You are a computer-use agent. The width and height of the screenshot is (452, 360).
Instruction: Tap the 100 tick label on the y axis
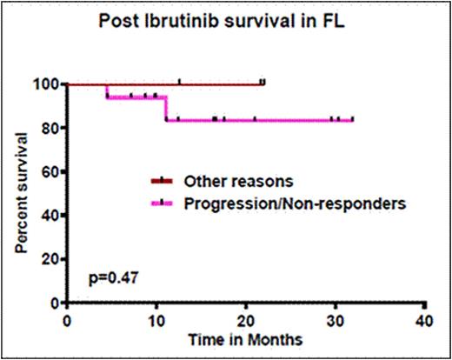(45, 84)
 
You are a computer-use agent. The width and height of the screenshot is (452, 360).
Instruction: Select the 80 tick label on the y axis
(49, 128)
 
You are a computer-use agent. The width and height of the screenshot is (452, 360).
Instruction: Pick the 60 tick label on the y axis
(49, 171)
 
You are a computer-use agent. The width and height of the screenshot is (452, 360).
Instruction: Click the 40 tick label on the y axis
(49, 215)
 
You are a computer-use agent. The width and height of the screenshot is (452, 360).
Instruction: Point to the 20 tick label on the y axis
(49, 259)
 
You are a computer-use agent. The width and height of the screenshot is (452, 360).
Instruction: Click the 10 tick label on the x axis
(156, 319)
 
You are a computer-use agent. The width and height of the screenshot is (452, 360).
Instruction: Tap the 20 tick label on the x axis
(246, 319)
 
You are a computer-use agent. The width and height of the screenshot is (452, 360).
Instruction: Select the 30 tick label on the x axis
(335, 319)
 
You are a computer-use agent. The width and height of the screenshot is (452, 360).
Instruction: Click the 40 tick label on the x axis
(424, 319)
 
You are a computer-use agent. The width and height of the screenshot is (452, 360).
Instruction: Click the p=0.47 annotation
(111, 278)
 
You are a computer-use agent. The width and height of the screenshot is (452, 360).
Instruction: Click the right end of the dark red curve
(263, 84)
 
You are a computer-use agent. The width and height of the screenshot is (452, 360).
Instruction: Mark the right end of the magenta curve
(352, 120)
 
